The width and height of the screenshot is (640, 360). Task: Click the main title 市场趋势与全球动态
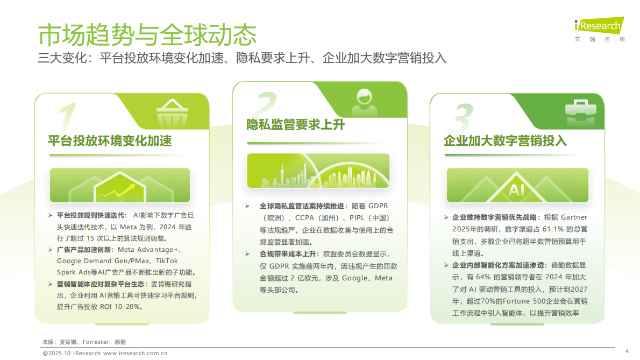pos(147,34)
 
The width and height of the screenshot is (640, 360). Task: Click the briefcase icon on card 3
pos(580,111)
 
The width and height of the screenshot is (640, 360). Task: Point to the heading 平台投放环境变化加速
pos(110,141)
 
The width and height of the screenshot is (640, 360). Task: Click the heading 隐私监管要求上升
pos(295,125)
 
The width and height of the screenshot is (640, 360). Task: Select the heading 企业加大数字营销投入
pos(505,141)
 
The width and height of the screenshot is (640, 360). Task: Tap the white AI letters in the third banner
pos(517,190)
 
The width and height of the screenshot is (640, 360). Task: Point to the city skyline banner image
pos(318,171)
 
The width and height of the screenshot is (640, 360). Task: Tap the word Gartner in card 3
pos(574,218)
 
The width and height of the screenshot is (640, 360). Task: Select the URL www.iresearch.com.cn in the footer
pos(135,354)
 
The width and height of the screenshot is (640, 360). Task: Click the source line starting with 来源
pos(84,342)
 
